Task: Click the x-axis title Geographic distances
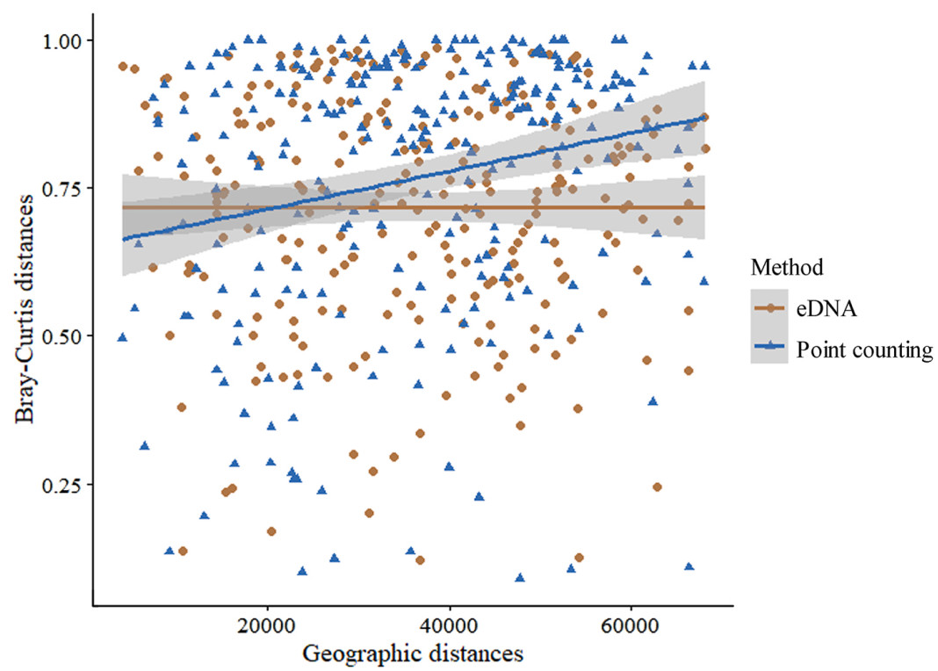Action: pos(412,653)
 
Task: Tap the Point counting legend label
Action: pos(863,350)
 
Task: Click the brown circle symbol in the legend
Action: pos(771,308)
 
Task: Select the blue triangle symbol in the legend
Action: pos(771,350)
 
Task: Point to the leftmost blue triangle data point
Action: pos(122,337)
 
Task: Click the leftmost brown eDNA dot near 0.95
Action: pos(123,67)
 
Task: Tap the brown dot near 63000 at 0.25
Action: pos(657,487)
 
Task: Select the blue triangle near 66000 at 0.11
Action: pos(689,566)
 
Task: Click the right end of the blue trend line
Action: pos(704,118)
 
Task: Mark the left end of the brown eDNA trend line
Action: pos(122,207)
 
